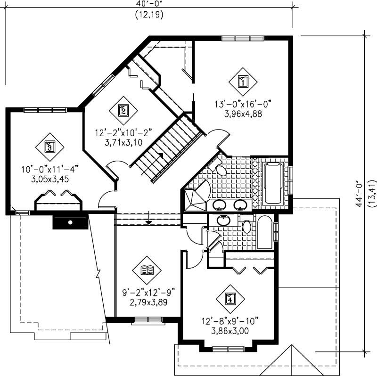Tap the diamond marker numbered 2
123,111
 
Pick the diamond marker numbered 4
229,299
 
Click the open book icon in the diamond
148,270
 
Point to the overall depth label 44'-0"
361,194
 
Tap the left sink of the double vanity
219,205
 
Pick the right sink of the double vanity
240,205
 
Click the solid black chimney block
70,222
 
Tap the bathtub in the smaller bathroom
265,232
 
